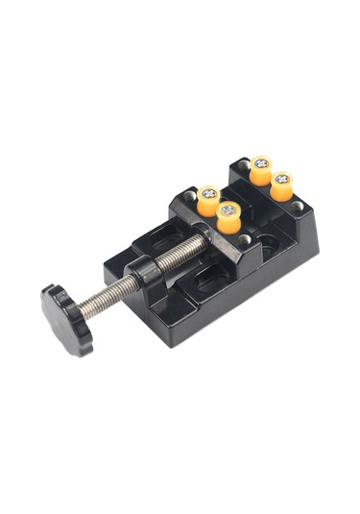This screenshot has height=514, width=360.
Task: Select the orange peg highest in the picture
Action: [x=260, y=169]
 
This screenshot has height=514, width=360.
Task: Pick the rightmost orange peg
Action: [x=281, y=184]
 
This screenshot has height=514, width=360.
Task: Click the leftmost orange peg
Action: [x=207, y=201]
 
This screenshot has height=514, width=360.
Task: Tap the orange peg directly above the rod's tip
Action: [x=228, y=217]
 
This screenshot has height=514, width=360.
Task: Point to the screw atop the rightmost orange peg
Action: [x=281, y=177]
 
